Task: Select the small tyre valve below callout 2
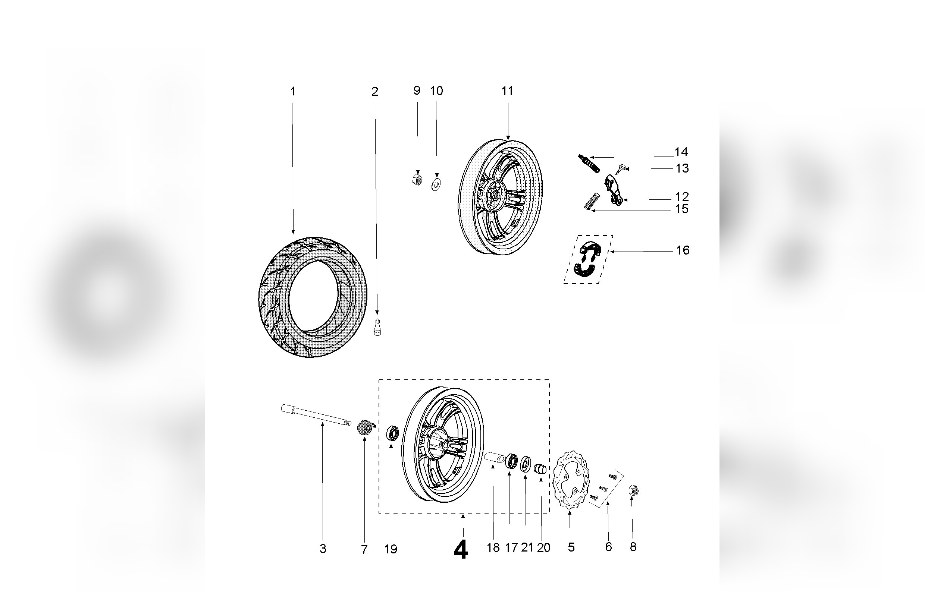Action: [377, 327]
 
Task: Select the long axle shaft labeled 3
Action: [316, 415]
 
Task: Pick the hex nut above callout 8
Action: [633, 490]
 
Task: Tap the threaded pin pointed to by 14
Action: [589, 163]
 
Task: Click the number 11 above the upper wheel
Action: [507, 91]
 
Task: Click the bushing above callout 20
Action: [540, 468]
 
